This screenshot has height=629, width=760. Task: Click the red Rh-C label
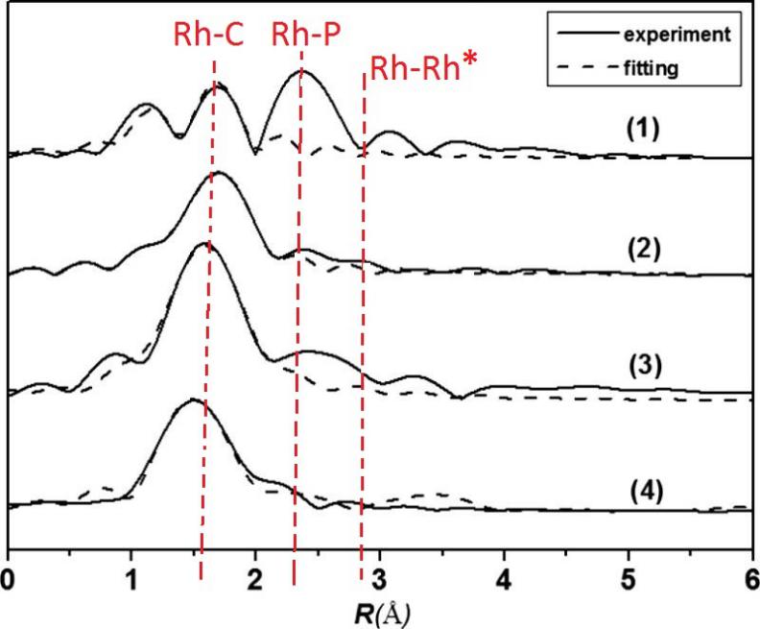pos(208,36)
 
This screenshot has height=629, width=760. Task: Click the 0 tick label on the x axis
pos(8,579)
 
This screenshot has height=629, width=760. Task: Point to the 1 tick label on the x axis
pos(131,579)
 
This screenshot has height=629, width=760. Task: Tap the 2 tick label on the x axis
pos(255,579)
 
